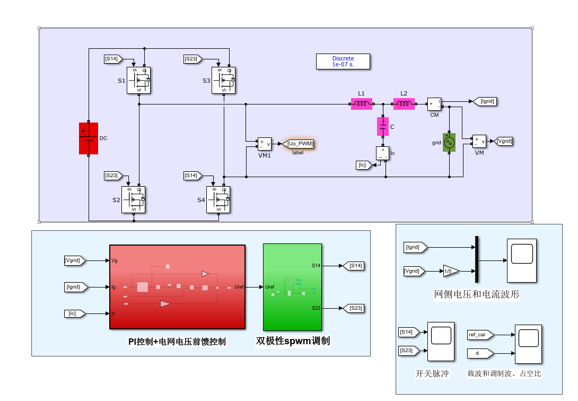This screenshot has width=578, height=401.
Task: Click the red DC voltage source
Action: point(89,138)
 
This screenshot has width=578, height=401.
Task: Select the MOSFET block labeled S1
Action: point(138,80)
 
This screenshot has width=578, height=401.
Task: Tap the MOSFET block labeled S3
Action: point(223,80)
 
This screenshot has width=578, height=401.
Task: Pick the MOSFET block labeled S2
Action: point(134,200)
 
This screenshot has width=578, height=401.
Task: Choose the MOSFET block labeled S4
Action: point(218,200)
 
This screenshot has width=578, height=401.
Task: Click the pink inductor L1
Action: point(361,104)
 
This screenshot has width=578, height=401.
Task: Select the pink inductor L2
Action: point(404,104)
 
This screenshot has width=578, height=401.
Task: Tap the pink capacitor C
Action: point(383,126)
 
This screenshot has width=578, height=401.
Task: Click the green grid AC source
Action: point(449,142)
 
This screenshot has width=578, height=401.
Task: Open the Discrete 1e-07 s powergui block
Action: point(343,62)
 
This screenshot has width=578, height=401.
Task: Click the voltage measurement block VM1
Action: point(264,144)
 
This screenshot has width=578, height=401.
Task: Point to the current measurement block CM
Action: point(434,104)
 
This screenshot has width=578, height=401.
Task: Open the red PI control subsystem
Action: point(177,287)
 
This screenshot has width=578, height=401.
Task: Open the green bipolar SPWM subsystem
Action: point(292,287)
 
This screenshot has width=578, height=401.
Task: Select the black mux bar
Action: point(477,259)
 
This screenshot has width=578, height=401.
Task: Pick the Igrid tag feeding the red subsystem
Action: point(76,287)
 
